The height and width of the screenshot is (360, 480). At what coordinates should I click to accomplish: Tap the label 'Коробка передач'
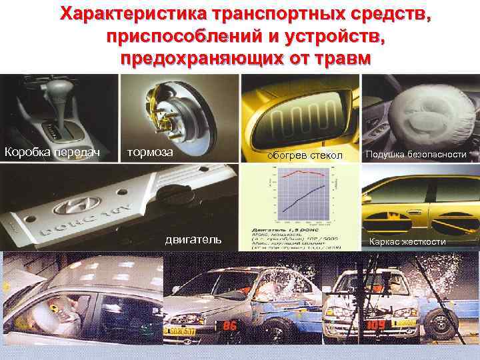point(52,153)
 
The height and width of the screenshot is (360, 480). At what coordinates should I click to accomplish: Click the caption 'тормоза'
point(150,151)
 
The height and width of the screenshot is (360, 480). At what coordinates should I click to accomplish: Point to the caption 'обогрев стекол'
point(304,155)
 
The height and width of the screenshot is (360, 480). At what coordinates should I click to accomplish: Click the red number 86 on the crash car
point(229,326)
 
